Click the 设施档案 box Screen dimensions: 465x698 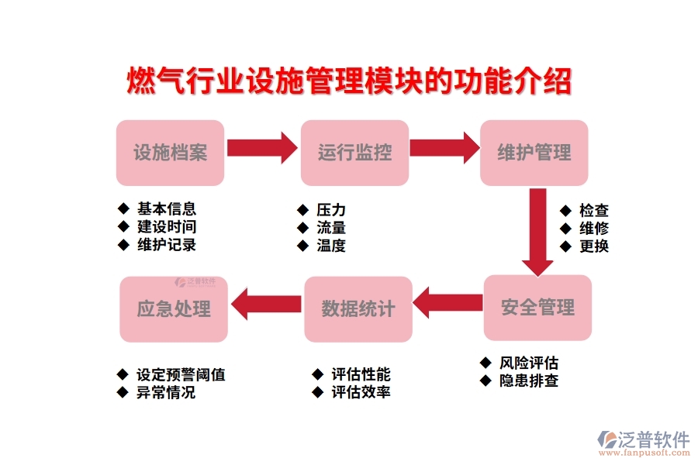170,153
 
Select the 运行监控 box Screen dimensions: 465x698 354,153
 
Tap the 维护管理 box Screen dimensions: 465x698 534,153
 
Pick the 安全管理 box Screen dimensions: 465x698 537,308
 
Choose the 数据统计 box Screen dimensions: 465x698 358,309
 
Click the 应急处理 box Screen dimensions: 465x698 174,309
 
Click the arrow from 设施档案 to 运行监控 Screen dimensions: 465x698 262,147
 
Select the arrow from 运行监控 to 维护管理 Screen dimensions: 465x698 444,147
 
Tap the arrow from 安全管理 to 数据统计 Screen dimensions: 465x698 447,302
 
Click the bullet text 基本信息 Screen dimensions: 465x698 166,208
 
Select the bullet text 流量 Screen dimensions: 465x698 331,228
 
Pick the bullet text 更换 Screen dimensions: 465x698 594,246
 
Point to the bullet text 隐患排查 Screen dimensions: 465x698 529,381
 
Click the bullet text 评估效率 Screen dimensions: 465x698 361,392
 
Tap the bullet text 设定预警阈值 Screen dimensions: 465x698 181,374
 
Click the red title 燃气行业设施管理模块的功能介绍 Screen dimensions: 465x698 349,81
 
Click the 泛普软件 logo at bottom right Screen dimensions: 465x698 643,441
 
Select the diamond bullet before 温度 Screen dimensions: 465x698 302,246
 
